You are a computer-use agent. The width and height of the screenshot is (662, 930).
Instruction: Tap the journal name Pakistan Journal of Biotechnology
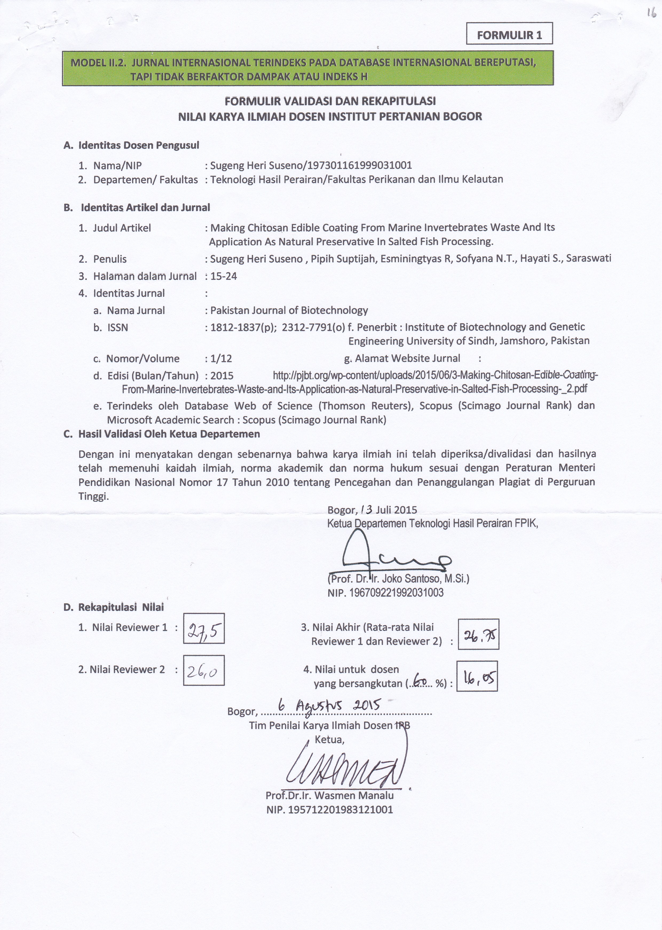point(289,310)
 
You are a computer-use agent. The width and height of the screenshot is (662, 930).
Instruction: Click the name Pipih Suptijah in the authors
point(342,259)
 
